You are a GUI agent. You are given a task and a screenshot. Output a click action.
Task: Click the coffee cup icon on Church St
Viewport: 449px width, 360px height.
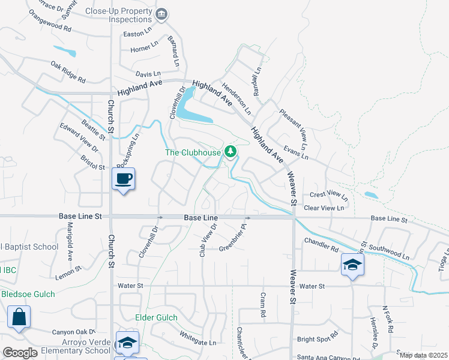pyautogui.click(x=123, y=179)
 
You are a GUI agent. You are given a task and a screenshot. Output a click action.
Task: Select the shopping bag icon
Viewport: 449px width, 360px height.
pyautogui.click(x=19, y=316)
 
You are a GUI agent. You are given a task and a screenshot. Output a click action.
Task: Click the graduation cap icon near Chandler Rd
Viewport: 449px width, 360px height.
pyautogui.click(x=352, y=264)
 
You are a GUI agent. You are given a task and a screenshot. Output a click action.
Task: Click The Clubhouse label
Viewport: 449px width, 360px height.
pyautogui.click(x=193, y=152)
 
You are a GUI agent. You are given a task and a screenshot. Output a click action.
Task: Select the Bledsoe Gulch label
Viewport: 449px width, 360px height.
pyautogui.click(x=28, y=294)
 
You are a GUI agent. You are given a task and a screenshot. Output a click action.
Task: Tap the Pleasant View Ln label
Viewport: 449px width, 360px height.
pyautogui.click(x=292, y=130)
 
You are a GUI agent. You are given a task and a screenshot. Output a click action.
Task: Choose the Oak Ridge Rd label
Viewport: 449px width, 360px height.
pyautogui.click(x=68, y=72)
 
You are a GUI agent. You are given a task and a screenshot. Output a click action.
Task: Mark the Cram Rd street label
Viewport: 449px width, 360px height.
pyautogui.click(x=262, y=305)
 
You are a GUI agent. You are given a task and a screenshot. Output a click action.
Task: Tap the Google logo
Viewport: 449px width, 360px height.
pyautogui.click(x=20, y=353)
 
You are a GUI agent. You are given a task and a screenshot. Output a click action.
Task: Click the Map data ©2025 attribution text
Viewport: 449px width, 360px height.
pyautogui.click(x=423, y=355)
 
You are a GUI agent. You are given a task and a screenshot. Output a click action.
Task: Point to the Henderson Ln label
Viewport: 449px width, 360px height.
pyautogui.click(x=237, y=99)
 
